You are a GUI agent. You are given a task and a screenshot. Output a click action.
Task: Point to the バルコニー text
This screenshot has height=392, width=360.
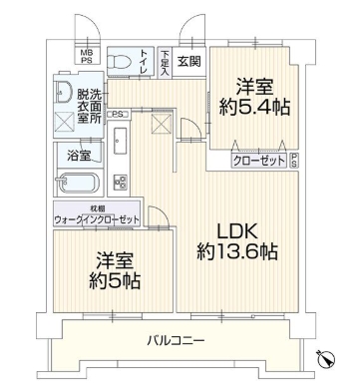(x=179, y=340)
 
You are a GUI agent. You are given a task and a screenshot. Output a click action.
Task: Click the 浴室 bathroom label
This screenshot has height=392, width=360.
(x=76, y=156)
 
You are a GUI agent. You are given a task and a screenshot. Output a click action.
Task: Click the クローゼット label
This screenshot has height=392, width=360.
(x=257, y=160)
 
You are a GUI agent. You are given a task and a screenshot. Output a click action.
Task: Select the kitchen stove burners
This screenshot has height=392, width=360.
(x=122, y=182)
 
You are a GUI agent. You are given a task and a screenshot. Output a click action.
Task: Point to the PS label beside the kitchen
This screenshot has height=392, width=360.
(x=118, y=114)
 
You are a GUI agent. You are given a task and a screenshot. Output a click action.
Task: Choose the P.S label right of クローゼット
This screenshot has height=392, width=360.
(x=297, y=159)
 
